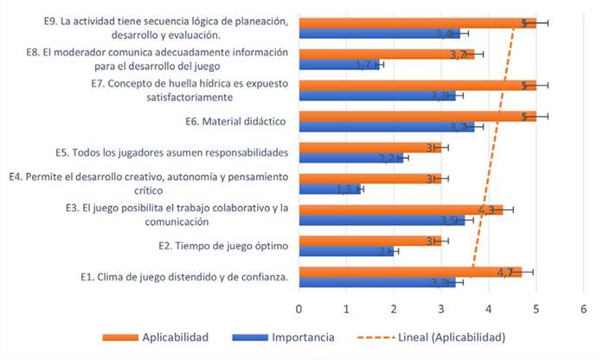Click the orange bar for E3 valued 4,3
click(400, 209)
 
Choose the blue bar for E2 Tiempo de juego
click(346, 251)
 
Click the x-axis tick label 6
click(583, 308)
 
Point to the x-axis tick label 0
click(299, 308)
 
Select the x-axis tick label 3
click(441, 308)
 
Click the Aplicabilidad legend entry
click(174, 337)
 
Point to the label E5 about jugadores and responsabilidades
click(180, 152)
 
